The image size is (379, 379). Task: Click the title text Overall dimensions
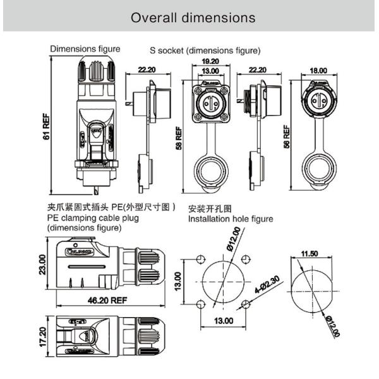click(x=193, y=17)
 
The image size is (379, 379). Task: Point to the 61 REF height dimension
click(x=46, y=125)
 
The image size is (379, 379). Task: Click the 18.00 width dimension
click(x=318, y=70)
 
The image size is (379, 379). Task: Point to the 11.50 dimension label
click(x=309, y=254)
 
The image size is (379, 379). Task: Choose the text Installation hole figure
click(x=231, y=219)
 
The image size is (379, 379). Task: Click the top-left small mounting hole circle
click(x=200, y=260)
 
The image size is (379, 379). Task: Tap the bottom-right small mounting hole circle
click(x=246, y=305)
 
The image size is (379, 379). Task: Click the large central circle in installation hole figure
click(x=222, y=282)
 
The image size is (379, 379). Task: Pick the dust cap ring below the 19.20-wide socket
click(x=210, y=172)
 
